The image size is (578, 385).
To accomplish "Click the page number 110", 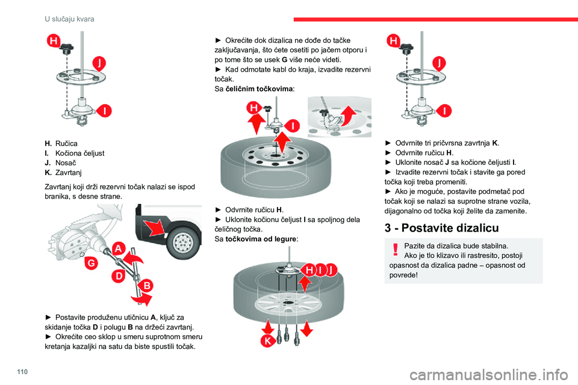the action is [x=22, y=372].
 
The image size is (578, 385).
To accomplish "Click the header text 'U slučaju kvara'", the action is [x=69, y=19].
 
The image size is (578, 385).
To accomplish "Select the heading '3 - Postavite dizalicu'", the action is [x=441, y=228].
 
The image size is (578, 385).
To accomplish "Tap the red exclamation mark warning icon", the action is [x=396, y=250].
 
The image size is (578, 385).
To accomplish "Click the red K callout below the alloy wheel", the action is [x=267, y=341].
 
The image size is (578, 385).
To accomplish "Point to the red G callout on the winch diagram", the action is [x=91, y=263].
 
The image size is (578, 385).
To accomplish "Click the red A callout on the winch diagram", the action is [x=119, y=248].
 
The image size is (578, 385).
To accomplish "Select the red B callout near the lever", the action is [x=147, y=286].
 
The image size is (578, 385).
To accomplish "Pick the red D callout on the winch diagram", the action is [x=119, y=276].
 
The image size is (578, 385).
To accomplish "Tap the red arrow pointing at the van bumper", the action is [x=155, y=227].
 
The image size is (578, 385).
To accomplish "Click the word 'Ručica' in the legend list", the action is [x=66, y=144].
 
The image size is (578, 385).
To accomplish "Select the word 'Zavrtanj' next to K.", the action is [x=68, y=173].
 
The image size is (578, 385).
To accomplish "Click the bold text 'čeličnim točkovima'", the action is [x=259, y=89].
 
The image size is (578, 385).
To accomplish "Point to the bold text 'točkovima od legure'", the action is [x=261, y=239].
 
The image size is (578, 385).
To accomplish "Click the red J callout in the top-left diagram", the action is [x=99, y=63].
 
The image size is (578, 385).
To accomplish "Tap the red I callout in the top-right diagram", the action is [x=444, y=111].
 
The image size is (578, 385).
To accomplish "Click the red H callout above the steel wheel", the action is [x=254, y=108].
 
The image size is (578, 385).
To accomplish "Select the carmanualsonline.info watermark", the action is [x=489, y=375].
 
